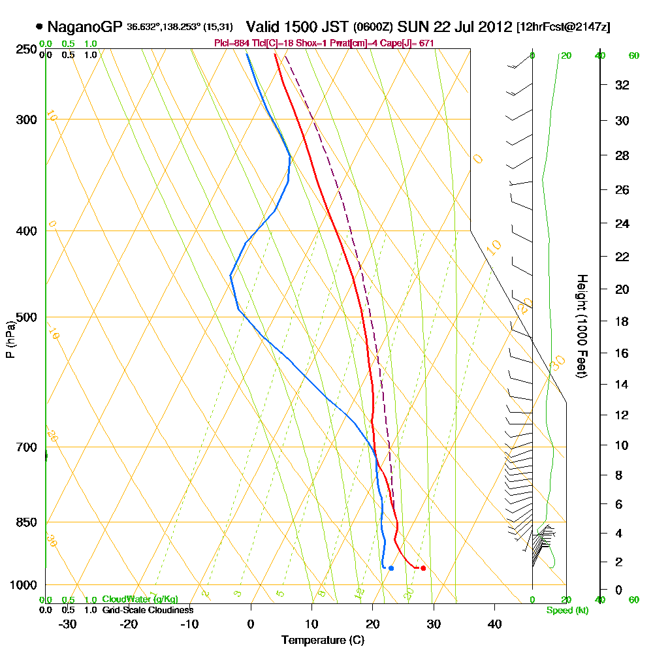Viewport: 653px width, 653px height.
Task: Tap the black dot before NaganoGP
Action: coord(40,27)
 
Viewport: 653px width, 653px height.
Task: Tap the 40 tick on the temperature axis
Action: coord(494,624)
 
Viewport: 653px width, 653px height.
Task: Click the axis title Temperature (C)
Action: coord(323,641)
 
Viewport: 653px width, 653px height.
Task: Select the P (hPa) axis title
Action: coord(10,340)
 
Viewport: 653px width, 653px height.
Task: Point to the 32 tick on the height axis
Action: coord(622,84)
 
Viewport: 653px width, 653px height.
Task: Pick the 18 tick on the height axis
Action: coord(622,321)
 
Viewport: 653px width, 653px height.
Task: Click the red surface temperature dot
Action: coord(423,568)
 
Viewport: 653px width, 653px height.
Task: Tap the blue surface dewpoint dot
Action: coord(390,568)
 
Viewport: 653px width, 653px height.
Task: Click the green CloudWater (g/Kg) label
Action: coord(140,599)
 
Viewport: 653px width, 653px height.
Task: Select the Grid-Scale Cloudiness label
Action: coord(148,610)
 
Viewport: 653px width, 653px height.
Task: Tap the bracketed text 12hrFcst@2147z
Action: coord(563,27)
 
